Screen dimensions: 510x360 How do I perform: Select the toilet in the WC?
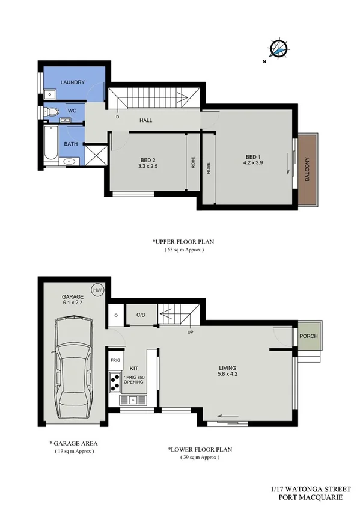point(52,111)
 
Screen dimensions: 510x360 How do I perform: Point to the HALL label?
point(145,120)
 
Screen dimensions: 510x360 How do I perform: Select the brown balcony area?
point(309,169)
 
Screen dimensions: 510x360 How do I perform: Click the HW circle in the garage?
point(97,290)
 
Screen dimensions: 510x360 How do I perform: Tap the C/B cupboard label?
point(141,315)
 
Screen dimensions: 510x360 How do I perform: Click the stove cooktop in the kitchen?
point(114,381)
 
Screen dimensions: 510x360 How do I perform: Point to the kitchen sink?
point(132,399)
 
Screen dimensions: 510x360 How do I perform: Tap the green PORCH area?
point(308,336)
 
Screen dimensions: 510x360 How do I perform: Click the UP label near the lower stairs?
point(191,333)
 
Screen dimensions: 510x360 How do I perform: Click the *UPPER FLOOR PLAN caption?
point(183,242)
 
